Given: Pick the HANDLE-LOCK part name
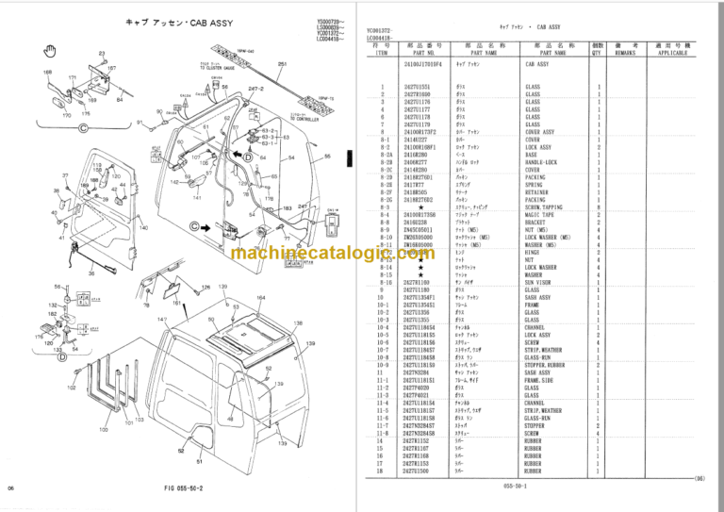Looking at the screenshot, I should click(539, 162).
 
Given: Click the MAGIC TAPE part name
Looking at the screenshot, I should click(535, 215).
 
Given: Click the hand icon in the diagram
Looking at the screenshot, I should click(54, 51).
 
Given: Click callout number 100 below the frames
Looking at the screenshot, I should click(103, 429).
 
